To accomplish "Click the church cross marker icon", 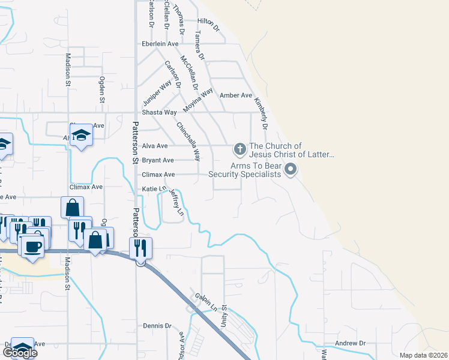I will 239,148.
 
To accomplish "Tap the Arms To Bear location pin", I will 291,169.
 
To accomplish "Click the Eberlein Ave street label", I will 160,44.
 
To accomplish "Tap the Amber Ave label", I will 236,95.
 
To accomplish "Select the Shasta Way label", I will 159,112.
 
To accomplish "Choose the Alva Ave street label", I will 155,146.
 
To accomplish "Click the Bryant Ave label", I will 158,161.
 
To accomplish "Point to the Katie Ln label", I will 153,189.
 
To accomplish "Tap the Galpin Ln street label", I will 206,303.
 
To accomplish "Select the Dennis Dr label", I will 157,326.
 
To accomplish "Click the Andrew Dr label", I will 351,343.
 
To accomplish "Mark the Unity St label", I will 224,314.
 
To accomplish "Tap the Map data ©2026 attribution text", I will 423,355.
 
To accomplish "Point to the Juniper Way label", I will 157,94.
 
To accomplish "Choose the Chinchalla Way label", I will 188,142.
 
